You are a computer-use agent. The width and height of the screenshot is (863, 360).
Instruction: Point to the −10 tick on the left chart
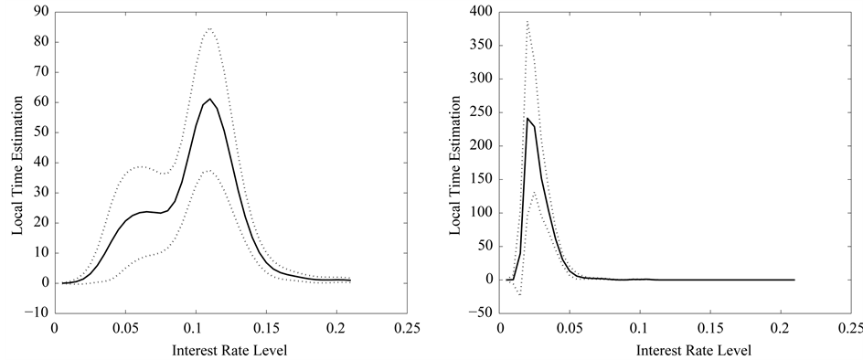[38, 313]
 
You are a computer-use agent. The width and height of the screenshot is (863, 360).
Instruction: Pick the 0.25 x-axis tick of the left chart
[408, 329]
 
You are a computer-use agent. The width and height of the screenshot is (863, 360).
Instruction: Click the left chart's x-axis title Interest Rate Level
[230, 351]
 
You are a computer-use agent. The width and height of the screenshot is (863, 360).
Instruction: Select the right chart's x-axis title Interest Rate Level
[694, 351]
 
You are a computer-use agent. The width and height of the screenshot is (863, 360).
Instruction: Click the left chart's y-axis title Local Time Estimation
[18, 165]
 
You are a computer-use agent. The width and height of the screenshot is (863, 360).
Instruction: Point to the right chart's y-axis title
[454, 165]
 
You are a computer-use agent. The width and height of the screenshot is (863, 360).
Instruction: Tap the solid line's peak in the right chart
[527, 118]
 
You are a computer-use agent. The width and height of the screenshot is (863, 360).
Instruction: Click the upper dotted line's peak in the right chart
[527, 21]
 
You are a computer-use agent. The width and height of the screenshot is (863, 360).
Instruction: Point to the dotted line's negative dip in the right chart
[519, 295]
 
